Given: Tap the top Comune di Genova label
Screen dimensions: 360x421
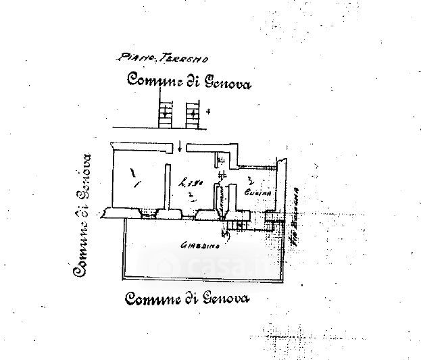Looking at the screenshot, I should point(189,83).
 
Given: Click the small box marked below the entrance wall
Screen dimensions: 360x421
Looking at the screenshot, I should point(221,161).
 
